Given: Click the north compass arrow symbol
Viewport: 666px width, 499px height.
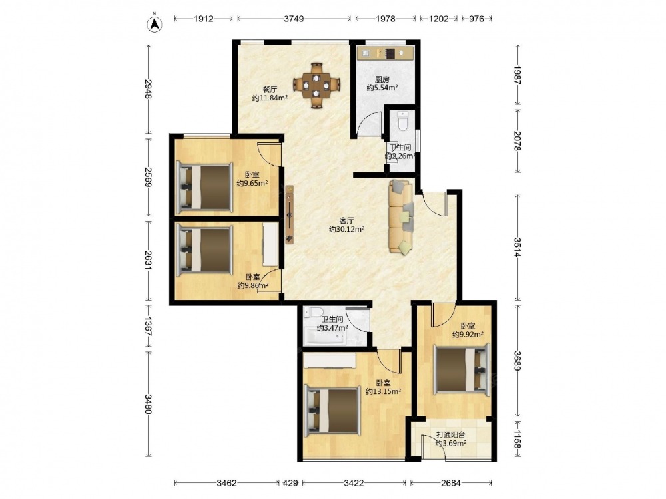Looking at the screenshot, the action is [155, 24].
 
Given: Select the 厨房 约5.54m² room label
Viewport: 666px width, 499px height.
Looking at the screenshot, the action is [382, 84].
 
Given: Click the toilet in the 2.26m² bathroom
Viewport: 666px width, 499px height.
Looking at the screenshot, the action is [403, 120].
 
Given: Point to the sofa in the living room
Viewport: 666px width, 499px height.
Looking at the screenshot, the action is [401, 217].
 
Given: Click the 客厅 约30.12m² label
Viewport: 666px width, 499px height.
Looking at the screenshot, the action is [346, 225].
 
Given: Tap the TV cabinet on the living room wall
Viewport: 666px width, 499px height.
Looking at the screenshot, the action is [289, 214].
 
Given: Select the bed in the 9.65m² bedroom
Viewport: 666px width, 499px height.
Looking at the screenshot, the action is [204, 187].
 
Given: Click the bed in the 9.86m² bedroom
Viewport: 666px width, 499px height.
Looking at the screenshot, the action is [204, 249].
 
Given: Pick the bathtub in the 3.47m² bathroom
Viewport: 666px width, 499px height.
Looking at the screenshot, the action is [325, 338].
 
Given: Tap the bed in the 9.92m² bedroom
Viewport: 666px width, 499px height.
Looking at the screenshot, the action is [462, 369].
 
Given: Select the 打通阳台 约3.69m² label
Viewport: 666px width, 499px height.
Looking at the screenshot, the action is [451, 439].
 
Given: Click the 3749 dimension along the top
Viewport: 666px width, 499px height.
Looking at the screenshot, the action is [294, 19].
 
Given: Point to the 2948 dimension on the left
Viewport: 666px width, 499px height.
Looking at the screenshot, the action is [149, 88].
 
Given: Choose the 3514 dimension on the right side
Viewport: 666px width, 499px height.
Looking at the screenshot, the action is [517, 247].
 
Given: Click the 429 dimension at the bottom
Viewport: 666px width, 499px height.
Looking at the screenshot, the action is [290, 482].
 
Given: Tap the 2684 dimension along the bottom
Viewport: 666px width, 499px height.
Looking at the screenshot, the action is [451, 482].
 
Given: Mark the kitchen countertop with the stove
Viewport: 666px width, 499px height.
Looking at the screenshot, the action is [385, 53].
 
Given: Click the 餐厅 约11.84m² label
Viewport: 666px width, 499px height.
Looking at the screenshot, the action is [270, 94].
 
